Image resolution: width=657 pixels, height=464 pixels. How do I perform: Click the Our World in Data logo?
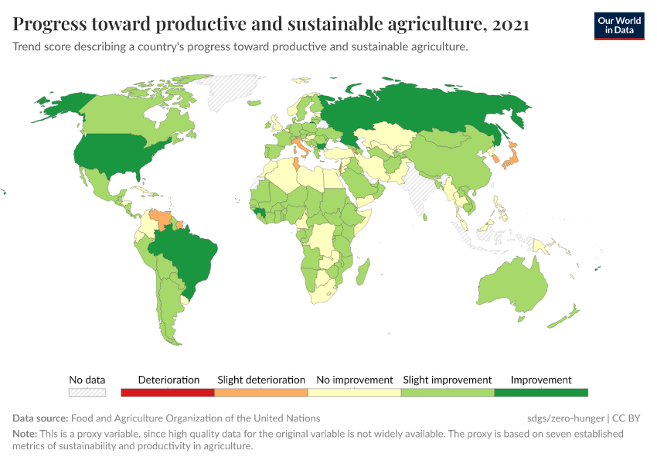[618, 26]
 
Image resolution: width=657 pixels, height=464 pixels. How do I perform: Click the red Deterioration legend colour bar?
[168, 393]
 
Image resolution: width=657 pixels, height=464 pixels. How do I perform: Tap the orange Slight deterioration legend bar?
[261, 393]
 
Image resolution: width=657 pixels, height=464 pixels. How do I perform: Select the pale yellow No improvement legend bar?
[355, 393]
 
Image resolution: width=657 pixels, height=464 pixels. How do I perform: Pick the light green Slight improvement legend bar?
[448, 393]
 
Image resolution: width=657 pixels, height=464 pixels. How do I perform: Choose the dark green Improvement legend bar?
[541, 393]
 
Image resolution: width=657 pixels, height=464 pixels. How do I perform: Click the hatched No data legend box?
[87, 393]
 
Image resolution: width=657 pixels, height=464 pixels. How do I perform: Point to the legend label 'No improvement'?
[355, 380]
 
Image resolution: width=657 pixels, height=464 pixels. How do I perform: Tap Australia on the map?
[510, 286]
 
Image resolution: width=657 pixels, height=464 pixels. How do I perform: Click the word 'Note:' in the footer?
[25, 434]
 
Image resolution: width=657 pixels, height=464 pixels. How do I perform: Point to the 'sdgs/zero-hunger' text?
[559, 418]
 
